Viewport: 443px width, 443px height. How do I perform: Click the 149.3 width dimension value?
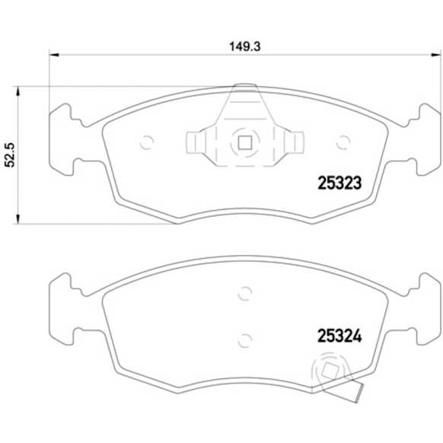click(x=244, y=46)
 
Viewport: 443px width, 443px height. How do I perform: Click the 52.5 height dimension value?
click(x=11, y=155)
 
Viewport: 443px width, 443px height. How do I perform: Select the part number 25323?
click(x=339, y=183)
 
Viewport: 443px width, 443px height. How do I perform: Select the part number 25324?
click(x=339, y=336)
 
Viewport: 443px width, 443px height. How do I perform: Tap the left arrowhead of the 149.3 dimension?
click(x=54, y=55)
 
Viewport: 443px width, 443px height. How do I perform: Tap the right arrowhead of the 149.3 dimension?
click(x=435, y=55)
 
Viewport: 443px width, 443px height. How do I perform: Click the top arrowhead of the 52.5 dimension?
click(x=18, y=91)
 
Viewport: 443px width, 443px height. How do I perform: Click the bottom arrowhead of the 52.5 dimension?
click(x=18, y=219)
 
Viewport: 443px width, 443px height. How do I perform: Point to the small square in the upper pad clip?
click(x=244, y=143)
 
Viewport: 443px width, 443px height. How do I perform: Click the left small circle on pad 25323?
click(x=147, y=142)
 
